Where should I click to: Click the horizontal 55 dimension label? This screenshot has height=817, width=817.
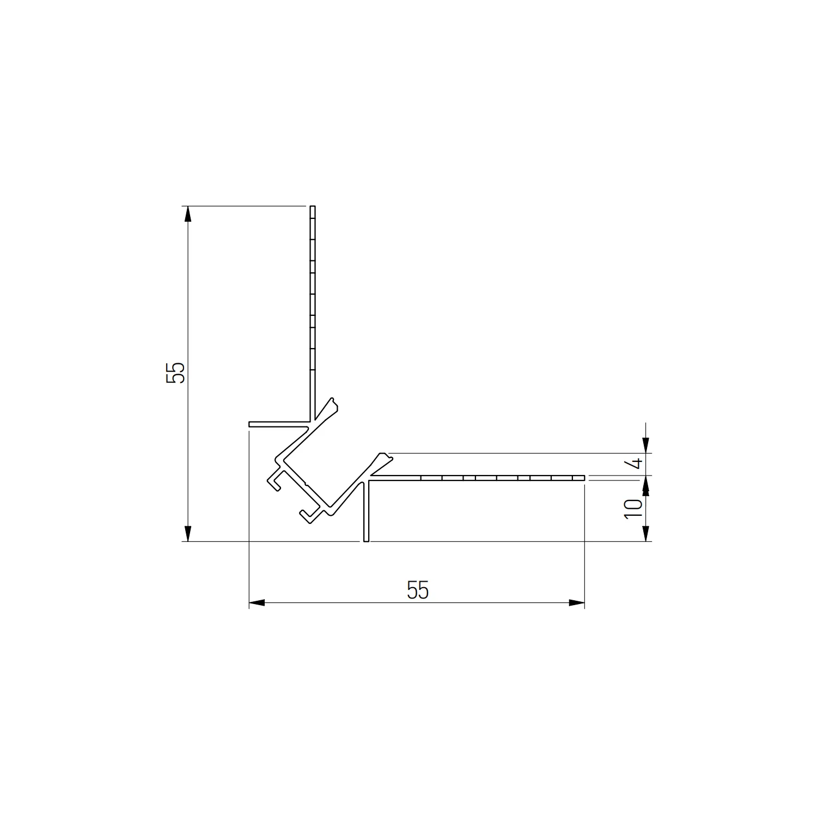(x=418, y=590)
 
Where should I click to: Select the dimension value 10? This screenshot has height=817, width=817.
(x=633, y=508)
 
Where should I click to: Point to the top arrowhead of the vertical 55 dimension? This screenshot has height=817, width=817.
(x=188, y=214)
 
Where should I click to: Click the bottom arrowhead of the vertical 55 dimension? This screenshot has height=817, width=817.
(x=188, y=533)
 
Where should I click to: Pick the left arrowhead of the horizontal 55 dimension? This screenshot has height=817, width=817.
(x=257, y=602)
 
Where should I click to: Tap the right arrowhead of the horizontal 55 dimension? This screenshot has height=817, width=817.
(x=577, y=602)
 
